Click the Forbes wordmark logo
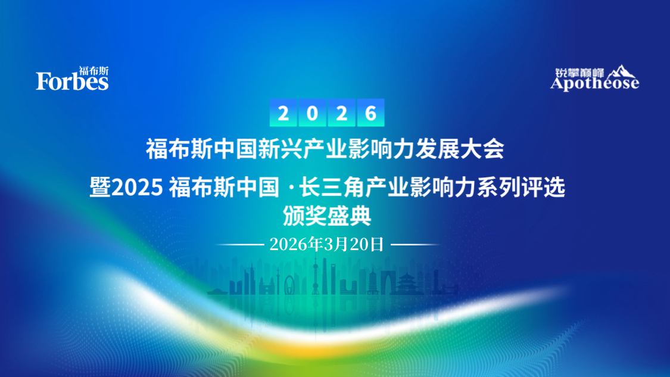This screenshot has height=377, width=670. click(x=72, y=81)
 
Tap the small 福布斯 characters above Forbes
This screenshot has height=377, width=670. click(x=94, y=70)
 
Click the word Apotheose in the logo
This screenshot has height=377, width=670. click(x=594, y=83)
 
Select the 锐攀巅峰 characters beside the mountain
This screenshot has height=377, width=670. click(x=579, y=73)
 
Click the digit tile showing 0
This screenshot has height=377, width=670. click(x=312, y=113)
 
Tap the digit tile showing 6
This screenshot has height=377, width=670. click(x=370, y=113)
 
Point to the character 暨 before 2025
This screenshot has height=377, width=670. click(x=101, y=187)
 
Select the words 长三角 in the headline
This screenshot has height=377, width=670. click(x=332, y=187)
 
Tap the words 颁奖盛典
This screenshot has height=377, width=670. click(x=327, y=216)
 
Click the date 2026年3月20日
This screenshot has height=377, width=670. click(x=327, y=244)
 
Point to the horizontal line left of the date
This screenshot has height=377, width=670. click(x=240, y=245)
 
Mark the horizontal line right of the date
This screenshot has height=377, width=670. click(x=415, y=245)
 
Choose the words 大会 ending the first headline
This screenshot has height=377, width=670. click(x=482, y=149)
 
